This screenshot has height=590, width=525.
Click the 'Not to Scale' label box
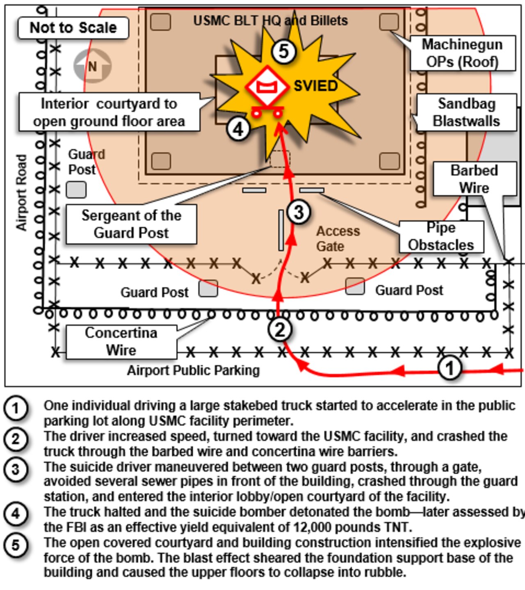pos(73,28)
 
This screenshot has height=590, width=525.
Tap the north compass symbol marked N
pos(92,66)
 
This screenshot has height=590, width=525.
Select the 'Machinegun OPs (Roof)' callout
pos(463,53)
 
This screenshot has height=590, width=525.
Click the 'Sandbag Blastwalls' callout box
pos(466,112)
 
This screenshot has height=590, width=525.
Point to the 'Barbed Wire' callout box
pos(475,179)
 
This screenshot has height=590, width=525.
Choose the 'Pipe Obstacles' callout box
pos(441,236)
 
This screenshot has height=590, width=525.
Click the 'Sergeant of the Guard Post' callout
pos(131,224)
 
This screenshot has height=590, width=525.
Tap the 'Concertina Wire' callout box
pos(121,342)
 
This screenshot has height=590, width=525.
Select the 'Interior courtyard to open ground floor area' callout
pos(109,112)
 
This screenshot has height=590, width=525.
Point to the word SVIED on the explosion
pos(316,86)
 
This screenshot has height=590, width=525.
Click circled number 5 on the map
pos(283,52)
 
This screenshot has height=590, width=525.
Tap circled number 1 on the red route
pos(450,368)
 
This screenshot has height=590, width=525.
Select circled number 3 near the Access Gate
pos(299,212)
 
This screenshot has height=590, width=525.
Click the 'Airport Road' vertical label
pos(22,192)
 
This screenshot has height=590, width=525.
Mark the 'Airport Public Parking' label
pos(193,371)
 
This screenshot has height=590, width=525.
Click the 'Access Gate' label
pos(338,238)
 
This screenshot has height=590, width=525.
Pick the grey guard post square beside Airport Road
pos(76,190)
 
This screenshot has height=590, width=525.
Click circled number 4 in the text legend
pos(16,513)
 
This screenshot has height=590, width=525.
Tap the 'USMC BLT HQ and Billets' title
pos(271,21)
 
